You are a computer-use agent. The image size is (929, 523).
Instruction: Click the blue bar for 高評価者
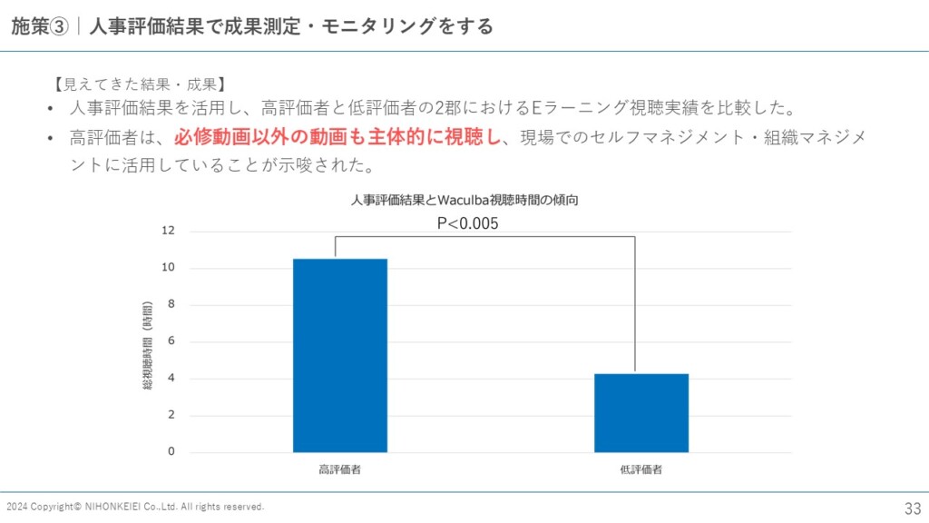click(x=340, y=355)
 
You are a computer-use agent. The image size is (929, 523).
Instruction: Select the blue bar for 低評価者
click(x=641, y=412)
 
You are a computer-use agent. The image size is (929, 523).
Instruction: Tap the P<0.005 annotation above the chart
click(x=468, y=223)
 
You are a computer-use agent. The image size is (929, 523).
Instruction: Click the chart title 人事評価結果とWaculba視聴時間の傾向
click(x=464, y=200)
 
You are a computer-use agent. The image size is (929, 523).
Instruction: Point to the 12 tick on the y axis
click(x=168, y=231)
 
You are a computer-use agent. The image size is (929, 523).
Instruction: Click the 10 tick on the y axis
click(x=168, y=268)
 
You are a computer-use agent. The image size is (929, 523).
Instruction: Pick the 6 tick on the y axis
click(x=171, y=341)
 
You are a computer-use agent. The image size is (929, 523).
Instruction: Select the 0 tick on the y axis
click(x=171, y=451)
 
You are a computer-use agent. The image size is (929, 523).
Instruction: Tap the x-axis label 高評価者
click(x=340, y=469)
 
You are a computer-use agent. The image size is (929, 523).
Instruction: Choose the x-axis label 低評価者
click(x=641, y=469)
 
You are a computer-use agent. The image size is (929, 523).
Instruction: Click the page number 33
click(x=912, y=508)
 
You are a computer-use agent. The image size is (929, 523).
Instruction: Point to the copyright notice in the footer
click(x=135, y=507)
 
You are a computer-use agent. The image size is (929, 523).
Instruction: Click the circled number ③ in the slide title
click(x=58, y=26)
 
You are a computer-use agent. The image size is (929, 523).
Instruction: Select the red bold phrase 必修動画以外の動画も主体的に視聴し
click(x=337, y=138)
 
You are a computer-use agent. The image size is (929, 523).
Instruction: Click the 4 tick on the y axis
click(x=171, y=379)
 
